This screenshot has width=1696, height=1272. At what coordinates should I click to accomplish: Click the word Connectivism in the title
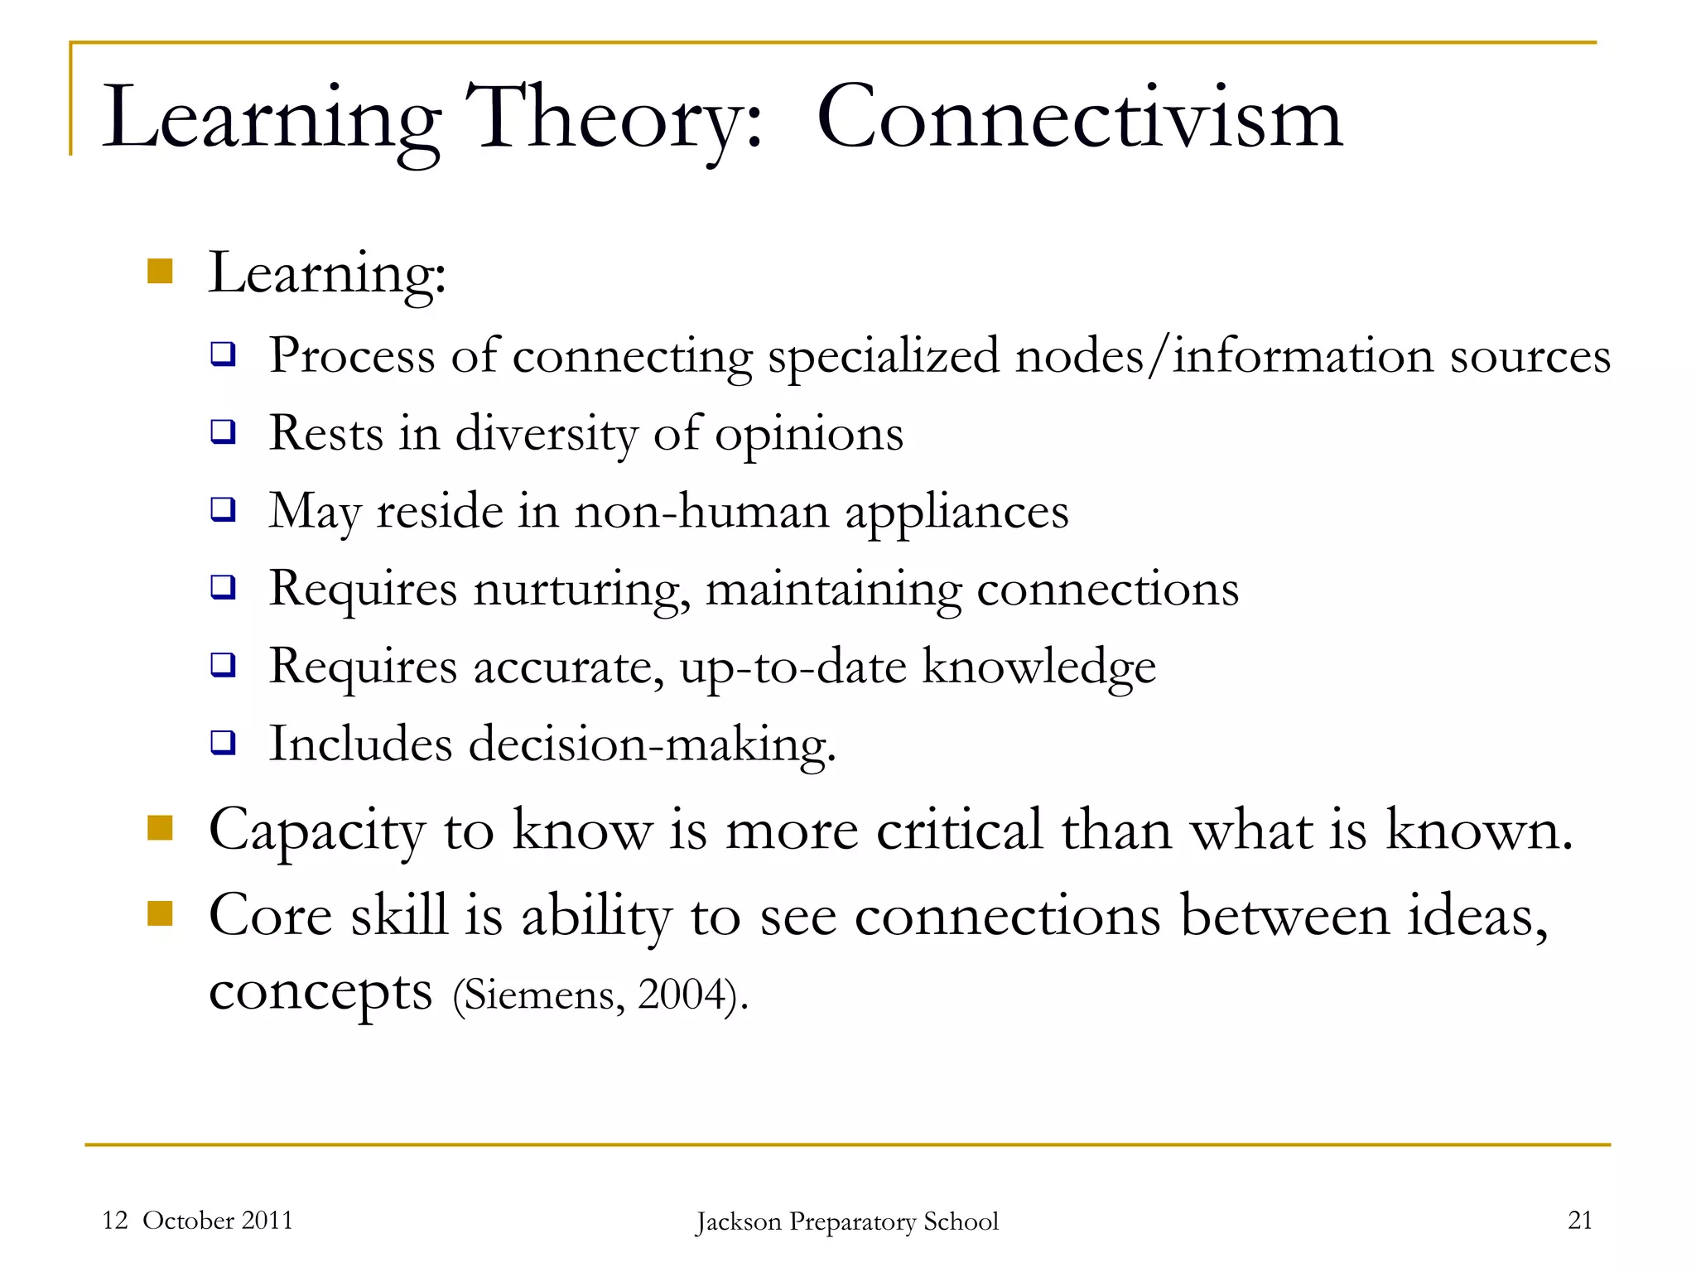tap(1079, 118)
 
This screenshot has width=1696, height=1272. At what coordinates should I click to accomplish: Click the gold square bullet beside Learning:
tap(160, 272)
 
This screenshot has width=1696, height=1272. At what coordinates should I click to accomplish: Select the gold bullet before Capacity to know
tap(160, 827)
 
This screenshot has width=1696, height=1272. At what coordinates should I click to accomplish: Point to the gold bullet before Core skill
tap(160, 913)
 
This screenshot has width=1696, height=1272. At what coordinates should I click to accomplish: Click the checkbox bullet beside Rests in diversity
tap(223, 431)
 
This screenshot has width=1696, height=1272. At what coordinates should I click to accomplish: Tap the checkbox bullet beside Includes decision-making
tap(223, 742)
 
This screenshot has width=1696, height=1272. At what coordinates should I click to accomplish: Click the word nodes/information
tap(1224, 356)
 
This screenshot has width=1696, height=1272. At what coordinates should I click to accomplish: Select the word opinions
tap(809, 434)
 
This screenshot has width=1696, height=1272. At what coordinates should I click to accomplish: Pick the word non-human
tap(701, 511)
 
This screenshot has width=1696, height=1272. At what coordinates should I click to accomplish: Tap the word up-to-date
tap(793, 667)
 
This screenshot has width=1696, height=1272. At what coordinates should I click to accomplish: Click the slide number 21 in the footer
tap(1580, 1220)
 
